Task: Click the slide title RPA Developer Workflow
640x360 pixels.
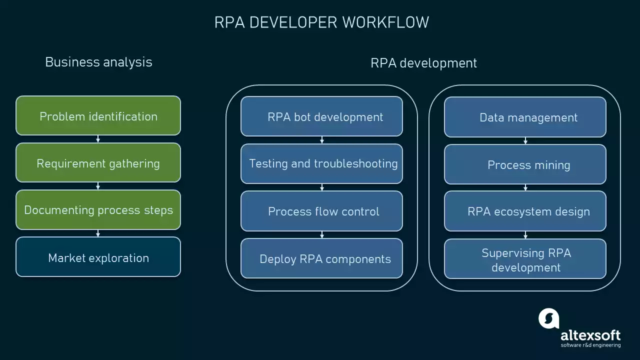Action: click(321, 22)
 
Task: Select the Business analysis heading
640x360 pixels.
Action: click(98, 62)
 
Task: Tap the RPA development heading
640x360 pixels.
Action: click(423, 63)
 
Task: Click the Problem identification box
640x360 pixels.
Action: click(98, 116)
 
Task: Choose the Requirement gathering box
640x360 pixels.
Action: click(98, 163)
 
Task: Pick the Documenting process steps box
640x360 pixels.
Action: click(98, 210)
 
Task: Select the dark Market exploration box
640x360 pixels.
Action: click(98, 257)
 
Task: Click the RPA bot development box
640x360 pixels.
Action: click(321, 116)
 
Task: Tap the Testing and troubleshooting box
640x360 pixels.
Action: click(321, 163)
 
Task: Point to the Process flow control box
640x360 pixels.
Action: click(321, 211)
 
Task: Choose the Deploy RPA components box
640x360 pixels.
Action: click(321, 258)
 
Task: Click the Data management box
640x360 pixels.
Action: click(525, 117)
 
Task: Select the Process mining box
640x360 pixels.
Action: click(525, 164)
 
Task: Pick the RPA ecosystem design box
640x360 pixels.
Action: click(525, 211)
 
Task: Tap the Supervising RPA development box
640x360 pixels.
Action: click(525, 259)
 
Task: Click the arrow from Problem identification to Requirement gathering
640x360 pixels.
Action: click(98, 139)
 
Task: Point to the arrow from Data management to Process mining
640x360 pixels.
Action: click(525, 140)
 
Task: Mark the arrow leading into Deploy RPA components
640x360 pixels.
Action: click(322, 234)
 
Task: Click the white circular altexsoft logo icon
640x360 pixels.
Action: click(548, 318)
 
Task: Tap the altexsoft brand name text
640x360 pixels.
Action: click(590, 334)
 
